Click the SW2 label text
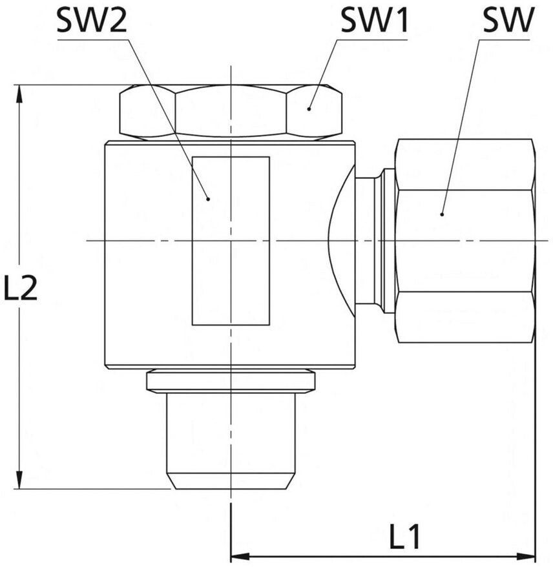point(92,21)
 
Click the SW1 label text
point(374,21)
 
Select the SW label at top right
point(508,21)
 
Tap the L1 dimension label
point(404,535)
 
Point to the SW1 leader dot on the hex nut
point(309,108)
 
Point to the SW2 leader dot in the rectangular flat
point(208,198)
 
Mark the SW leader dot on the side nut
point(442,214)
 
